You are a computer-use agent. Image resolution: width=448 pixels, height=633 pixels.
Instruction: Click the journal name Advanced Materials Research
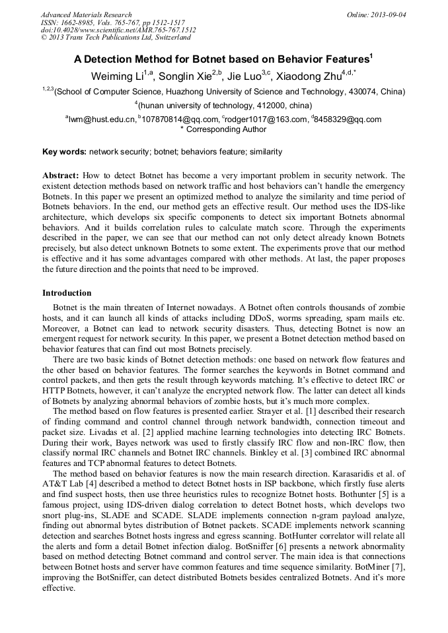tap(86, 15)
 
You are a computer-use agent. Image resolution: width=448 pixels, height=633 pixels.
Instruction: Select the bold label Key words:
tap(64, 152)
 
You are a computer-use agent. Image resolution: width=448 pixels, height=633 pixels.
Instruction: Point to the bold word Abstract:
tap(61, 176)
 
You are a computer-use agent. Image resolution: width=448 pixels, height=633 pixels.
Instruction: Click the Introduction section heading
tap(67, 292)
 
